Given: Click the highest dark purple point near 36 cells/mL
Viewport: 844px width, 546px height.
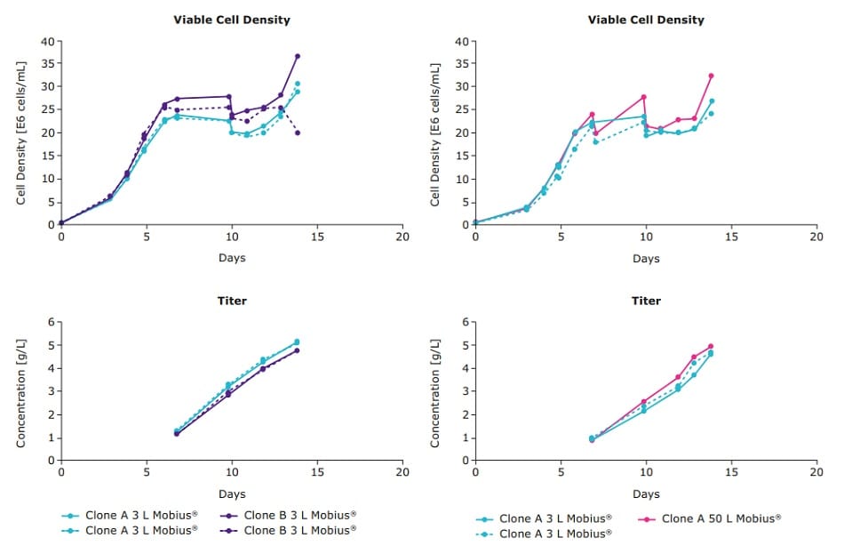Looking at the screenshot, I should click(x=298, y=56).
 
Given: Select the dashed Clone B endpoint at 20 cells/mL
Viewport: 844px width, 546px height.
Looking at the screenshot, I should click(x=298, y=132).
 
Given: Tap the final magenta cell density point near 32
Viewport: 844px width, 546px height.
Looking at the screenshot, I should click(x=712, y=76).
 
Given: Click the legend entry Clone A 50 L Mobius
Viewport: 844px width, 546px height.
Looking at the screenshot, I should click(x=721, y=518).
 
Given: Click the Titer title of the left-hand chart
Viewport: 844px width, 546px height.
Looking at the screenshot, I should click(x=231, y=301).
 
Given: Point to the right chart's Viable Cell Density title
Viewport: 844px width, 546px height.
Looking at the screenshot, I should click(x=646, y=20).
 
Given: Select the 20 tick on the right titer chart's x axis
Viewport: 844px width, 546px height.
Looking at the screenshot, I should click(x=816, y=472).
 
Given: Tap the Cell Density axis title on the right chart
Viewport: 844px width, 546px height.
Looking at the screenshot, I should click(x=435, y=133).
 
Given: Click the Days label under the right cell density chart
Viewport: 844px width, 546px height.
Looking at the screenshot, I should click(x=646, y=259).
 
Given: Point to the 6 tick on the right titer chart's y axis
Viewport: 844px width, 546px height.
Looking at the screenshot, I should click(x=465, y=322).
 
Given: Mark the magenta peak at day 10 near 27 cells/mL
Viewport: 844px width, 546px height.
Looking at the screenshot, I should click(x=643, y=97).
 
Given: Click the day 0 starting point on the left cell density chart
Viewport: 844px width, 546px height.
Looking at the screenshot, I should click(x=61, y=223).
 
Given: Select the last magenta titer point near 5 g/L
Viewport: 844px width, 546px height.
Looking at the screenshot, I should click(x=711, y=347).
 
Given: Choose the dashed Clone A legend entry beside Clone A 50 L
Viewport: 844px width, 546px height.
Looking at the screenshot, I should click(x=554, y=534).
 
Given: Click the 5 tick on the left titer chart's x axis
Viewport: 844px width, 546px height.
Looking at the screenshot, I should click(x=146, y=472).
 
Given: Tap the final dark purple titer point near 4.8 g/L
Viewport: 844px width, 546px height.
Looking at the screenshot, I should click(x=297, y=350).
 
